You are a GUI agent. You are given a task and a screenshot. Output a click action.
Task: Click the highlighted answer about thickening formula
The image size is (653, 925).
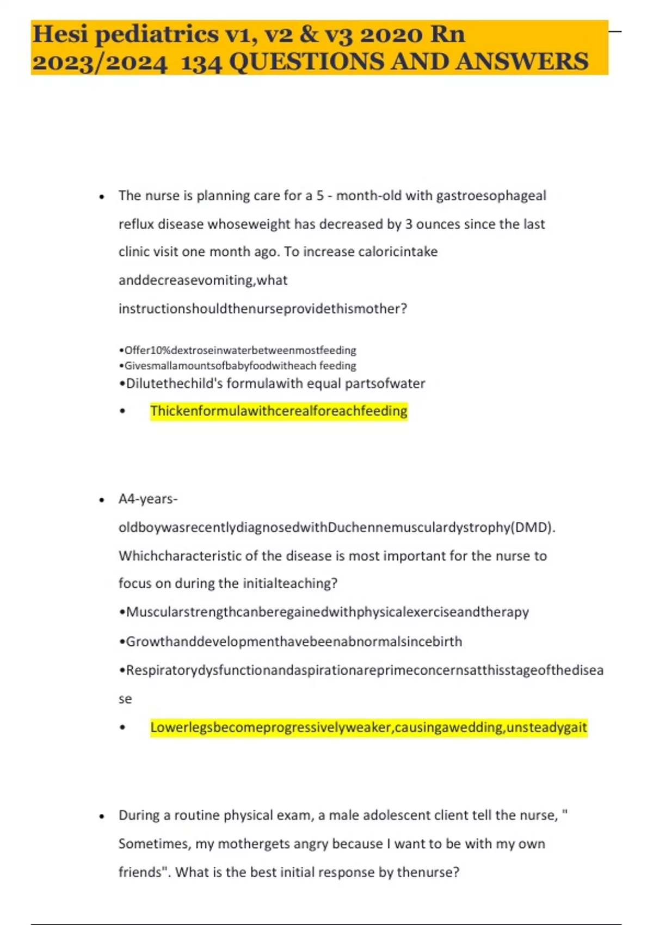pos(279,411)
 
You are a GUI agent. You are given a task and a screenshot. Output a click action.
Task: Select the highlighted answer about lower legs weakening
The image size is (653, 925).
pos(368,727)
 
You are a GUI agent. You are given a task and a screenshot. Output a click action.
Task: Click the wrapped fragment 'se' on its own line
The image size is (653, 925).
pos(125,699)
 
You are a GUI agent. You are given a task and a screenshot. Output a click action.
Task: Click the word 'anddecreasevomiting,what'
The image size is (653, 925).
pos(203,280)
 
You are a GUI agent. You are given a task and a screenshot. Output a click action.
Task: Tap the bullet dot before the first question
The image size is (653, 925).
pos(102,196)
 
